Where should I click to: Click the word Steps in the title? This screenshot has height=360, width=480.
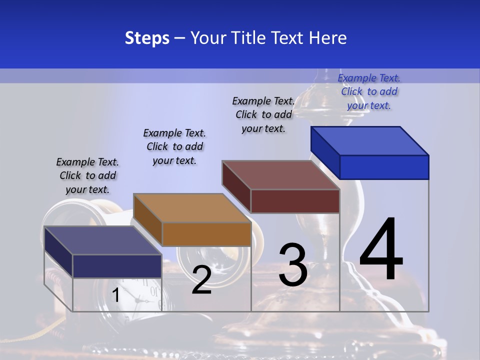click(x=147, y=38)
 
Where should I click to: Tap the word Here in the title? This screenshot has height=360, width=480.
click(x=328, y=38)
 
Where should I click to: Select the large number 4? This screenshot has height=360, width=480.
click(x=381, y=250)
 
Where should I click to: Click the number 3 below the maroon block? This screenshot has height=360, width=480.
click(x=293, y=265)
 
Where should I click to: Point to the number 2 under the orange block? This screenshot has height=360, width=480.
click(x=201, y=280)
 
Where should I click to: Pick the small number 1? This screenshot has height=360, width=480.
click(x=115, y=295)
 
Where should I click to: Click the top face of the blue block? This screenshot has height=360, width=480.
click(x=370, y=140)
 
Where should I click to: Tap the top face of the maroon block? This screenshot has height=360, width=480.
click(x=281, y=175)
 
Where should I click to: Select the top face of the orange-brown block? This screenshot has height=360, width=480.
click(x=192, y=208)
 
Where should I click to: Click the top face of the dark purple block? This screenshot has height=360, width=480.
click(x=103, y=240)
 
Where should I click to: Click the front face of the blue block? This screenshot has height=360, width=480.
click(x=384, y=167)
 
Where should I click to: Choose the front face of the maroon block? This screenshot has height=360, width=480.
click(x=295, y=201)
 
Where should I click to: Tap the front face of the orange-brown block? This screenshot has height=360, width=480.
click(x=206, y=234)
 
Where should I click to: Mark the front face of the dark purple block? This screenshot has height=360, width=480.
click(x=117, y=265)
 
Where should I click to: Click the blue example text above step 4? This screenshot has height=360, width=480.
click(x=369, y=91)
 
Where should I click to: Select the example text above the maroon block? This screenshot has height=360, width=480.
click(x=263, y=114)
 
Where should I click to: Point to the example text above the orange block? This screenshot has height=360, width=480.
click(x=174, y=146)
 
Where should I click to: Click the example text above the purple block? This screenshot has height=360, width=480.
click(x=87, y=175)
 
